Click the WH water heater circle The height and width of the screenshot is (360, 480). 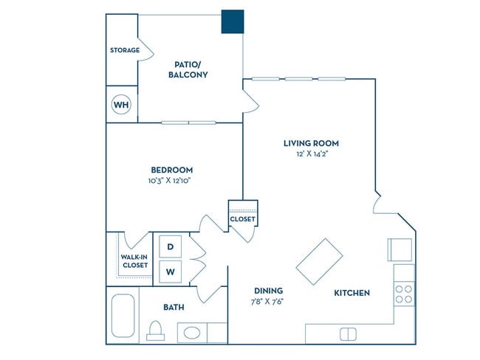tap(121, 105)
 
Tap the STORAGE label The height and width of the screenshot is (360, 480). tap(125, 50)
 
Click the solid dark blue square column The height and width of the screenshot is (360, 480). tap(233, 22)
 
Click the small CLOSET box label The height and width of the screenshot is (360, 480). tap(242, 219)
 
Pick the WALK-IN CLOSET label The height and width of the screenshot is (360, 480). tap(134, 260)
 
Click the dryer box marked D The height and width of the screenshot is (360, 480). tap(170, 246)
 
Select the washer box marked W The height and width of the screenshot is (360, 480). tap(170, 271)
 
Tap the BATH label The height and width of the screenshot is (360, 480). tap(174, 307)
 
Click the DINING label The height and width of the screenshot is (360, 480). tap(269, 291)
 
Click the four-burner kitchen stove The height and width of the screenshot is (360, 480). tap(404, 294)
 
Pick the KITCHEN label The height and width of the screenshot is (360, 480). tap(352, 293)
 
